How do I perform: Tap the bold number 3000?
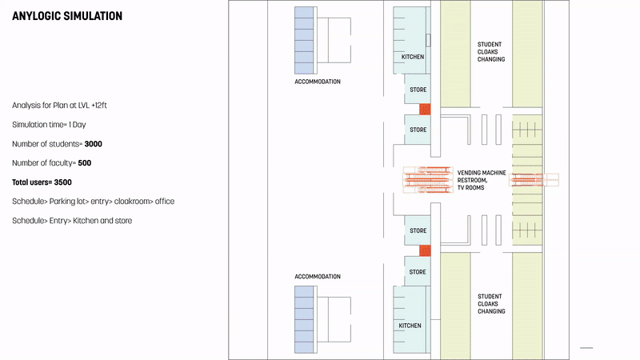[x=93, y=144]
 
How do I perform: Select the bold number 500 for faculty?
[x=86, y=163]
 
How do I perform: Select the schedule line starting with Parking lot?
[x=93, y=202]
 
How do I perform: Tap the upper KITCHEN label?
[x=413, y=58]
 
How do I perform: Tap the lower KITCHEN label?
[x=410, y=326]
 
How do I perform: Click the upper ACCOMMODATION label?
[x=318, y=82]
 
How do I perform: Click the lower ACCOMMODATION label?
[x=318, y=277]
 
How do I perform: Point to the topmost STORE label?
[x=418, y=90]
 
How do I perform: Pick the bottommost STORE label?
[x=418, y=272]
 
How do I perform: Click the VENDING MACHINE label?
[x=482, y=173]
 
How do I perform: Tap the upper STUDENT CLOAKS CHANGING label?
[x=491, y=52]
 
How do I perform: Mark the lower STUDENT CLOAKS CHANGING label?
[x=491, y=303]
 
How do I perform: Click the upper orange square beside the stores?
[x=426, y=109]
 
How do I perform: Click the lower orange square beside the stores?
[x=426, y=251]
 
